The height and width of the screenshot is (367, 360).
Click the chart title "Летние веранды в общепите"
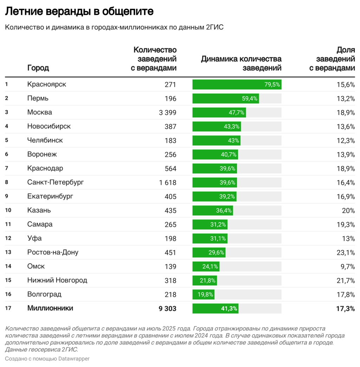79,12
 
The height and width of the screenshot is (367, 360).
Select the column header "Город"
38,68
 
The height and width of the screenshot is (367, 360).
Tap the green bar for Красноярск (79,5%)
237,84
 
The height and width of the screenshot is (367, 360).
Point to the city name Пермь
38,98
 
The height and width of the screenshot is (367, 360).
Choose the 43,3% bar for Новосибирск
217,127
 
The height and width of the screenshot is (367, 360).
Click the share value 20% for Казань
348,211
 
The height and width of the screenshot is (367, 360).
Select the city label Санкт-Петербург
56,182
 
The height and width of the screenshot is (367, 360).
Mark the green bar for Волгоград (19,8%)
203,295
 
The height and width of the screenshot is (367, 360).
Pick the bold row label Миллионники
50,308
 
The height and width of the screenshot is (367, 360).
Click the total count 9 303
167,309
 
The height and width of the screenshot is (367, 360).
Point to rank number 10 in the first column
8,211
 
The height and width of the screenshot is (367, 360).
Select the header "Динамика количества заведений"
241,63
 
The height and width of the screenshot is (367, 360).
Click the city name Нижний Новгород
57,281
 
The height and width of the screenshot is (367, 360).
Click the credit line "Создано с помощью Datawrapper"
47,359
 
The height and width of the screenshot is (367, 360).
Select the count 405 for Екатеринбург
170,197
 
